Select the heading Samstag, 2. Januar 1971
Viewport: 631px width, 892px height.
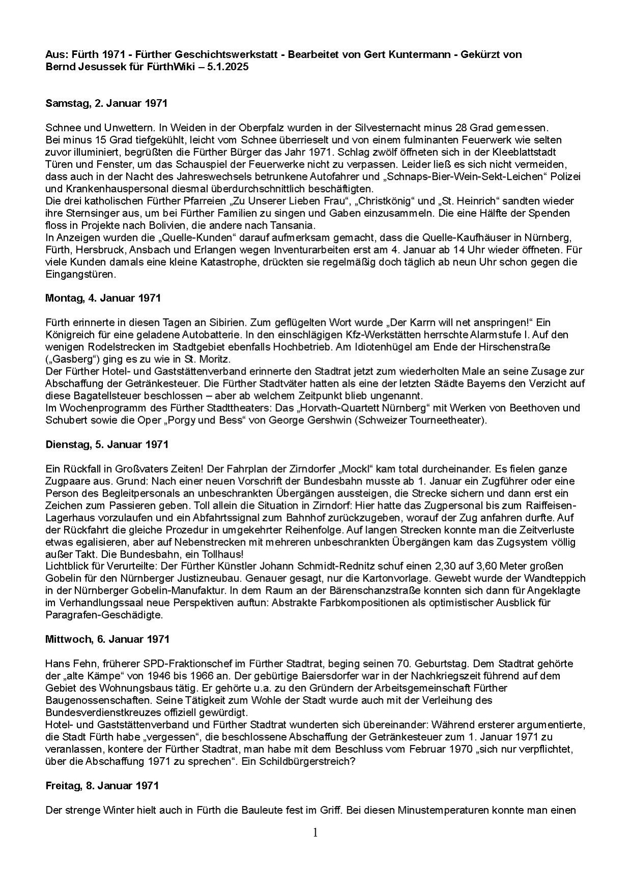tap(106, 103)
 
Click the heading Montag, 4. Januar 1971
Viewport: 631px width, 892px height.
tap(103, 298)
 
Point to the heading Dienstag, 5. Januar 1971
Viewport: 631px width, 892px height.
tap(106, 444)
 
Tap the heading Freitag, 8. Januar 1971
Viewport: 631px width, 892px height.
tap(102, 786)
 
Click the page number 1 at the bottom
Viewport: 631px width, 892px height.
tap(315, 832)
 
